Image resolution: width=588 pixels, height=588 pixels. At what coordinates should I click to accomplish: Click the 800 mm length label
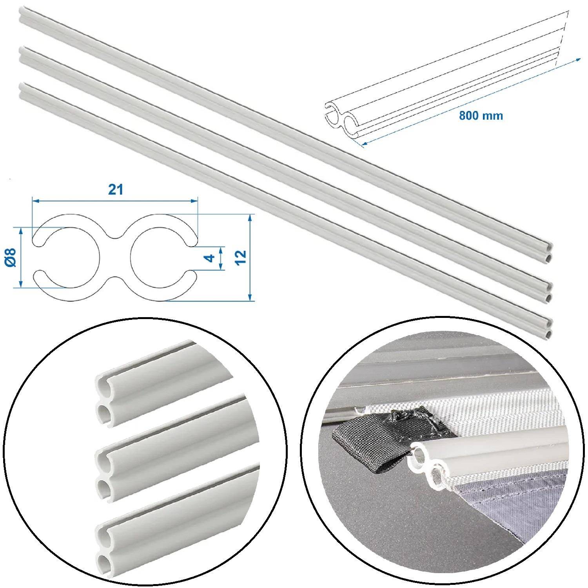pyautogui.click(x=481, y=116)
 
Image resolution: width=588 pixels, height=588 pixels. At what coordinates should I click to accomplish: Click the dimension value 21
pyautogui.click(x=116, y=189)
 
